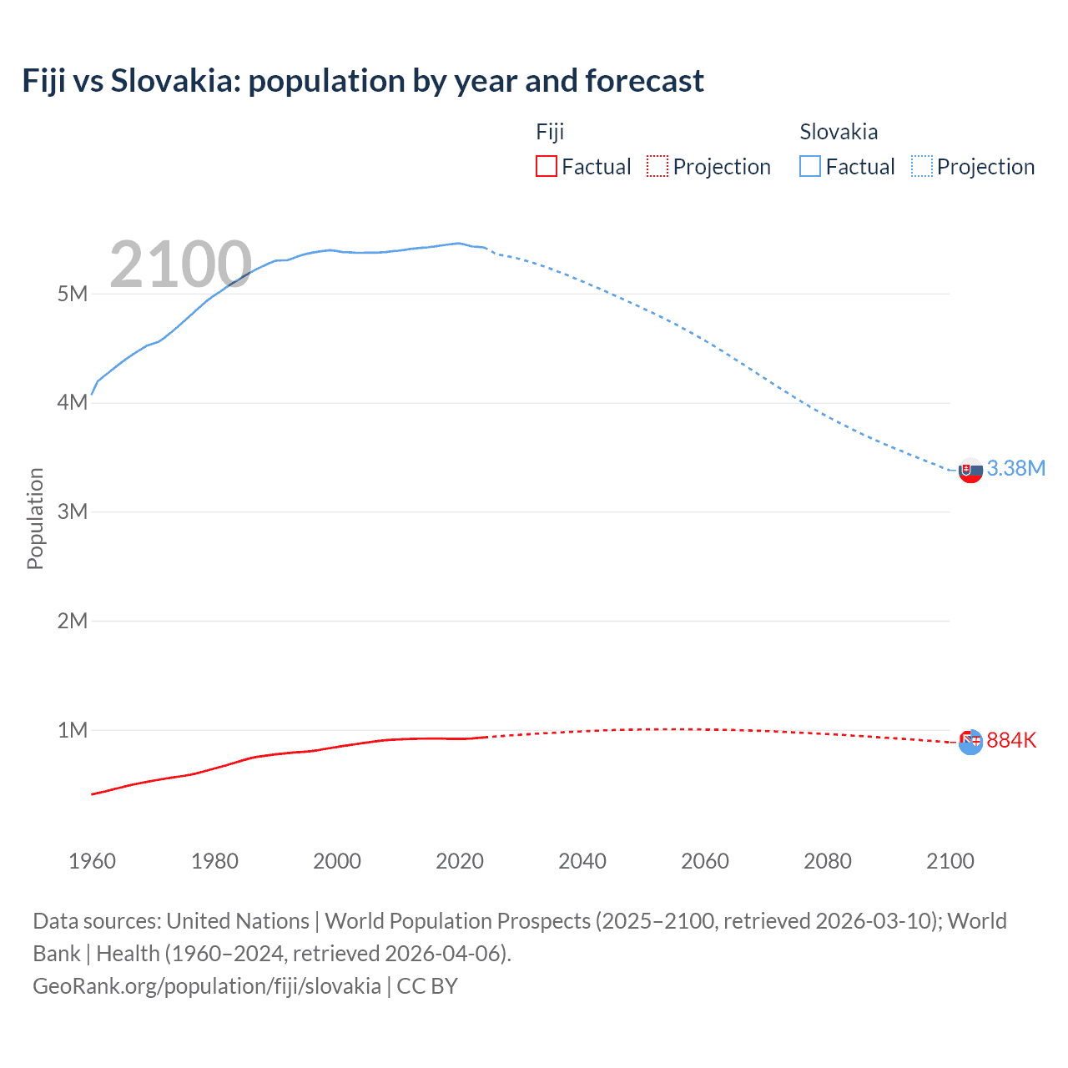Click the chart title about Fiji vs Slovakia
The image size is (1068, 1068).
(363, 81)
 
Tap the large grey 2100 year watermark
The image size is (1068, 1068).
(180, 264)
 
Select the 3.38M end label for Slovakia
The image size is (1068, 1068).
(1015, 468)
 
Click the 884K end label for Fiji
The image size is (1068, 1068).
(1011, 740)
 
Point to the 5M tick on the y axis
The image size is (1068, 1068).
(73, 294)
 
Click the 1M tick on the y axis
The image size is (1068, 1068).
(73, 730)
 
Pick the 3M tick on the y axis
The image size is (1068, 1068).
(73, 511)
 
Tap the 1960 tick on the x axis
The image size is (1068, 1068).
(92, 861)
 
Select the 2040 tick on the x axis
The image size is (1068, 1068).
(582, 861)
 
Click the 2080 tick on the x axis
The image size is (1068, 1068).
(828, 861)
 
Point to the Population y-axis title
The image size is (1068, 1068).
(35, 518)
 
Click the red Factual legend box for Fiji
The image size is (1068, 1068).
(546, 166)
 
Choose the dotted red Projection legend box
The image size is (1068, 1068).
(657, 166)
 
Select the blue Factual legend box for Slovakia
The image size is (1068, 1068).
(810, 166)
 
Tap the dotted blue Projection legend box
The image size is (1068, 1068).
(922, 166)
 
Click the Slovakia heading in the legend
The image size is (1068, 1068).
(839, 132)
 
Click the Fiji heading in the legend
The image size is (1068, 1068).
(550, 132)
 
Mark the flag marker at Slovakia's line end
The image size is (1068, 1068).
(970, 470)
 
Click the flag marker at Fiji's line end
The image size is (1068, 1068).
(970, 742)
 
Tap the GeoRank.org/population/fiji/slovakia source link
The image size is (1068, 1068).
(207, 985)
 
